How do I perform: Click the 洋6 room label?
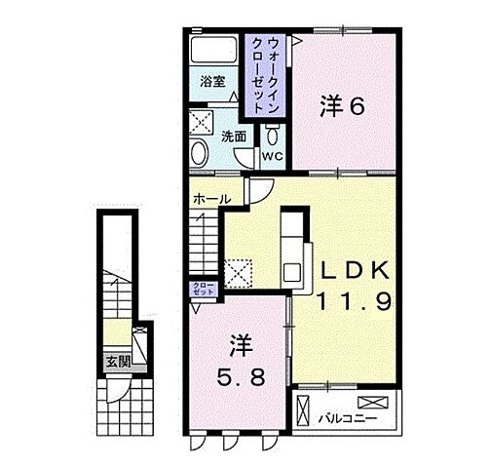pos(341,108)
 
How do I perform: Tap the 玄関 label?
pos(117,360)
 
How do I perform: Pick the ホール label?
pos(211,199)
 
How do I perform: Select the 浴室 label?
pos(213,82)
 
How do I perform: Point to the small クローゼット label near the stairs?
pos(202,289)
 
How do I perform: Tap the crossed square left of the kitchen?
pos(237,270)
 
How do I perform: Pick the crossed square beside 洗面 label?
pos(203,122)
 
